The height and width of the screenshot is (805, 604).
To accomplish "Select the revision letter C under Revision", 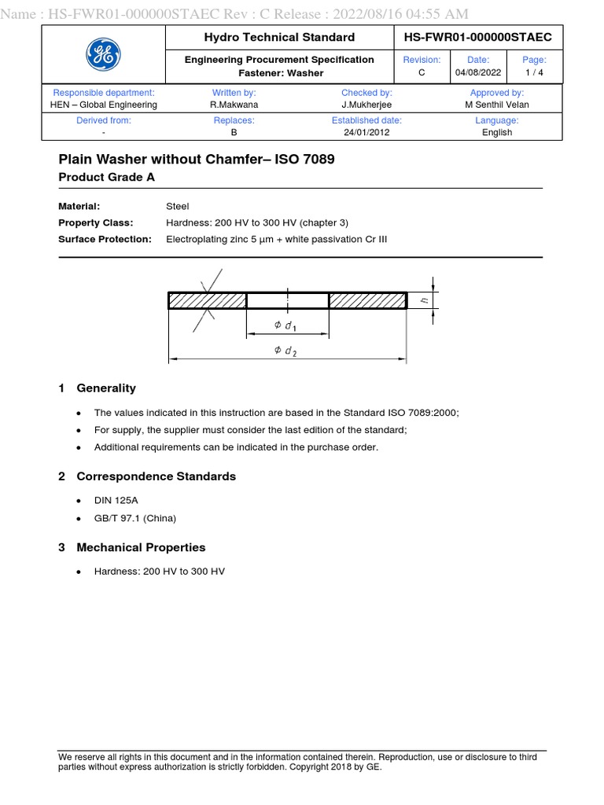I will coord(422,72).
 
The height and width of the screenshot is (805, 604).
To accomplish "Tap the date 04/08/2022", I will coord(477,72).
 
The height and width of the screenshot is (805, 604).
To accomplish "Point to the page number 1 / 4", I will coord(534,72).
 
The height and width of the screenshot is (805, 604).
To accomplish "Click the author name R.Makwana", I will coord(234,105).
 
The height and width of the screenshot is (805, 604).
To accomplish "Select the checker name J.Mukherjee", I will coord(366,105).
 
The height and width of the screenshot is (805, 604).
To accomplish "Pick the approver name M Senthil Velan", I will coord(496,105).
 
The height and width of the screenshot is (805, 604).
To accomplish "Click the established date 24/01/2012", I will coord(366,132).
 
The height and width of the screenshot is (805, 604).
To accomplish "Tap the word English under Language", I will coord(496,132).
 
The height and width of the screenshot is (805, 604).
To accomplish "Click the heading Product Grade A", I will coord(107,178).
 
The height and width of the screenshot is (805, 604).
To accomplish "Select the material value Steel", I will coord(178,206).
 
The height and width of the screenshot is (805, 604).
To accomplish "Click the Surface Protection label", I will coord(105,239).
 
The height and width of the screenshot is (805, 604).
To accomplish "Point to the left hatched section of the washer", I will coord(208,300).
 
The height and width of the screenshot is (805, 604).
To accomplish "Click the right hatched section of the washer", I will coord(367,300).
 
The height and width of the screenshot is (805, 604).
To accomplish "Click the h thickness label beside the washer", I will coord(424,300).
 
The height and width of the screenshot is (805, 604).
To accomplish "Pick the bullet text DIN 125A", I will coord(115,500).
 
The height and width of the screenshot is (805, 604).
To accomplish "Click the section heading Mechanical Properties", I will coord(141,547).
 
